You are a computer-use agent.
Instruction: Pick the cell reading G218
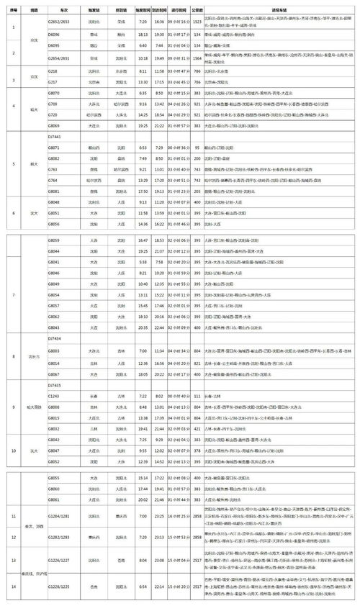click(x=53, y=72)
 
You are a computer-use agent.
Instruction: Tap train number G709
click(x=53, y=104)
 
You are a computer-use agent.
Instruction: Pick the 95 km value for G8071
click(x=195, y=147)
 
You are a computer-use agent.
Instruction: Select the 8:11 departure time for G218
click(x=141, y=72)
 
